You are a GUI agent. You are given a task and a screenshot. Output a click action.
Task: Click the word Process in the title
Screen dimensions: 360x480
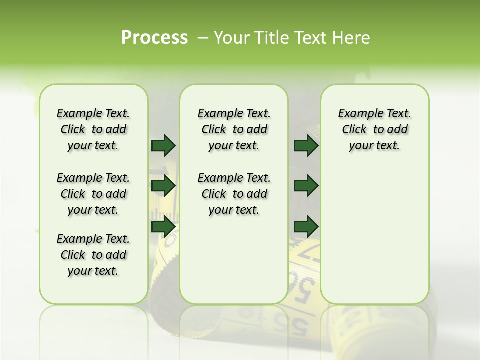(154, 38)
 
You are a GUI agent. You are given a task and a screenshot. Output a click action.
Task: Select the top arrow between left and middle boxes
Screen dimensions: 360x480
(163, 145)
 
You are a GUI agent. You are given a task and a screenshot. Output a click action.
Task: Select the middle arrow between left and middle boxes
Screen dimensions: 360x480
(163, 186)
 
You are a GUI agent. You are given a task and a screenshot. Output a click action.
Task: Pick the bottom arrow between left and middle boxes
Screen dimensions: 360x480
(163, 226)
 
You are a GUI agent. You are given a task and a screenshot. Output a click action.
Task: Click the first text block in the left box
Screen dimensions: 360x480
(93, 129)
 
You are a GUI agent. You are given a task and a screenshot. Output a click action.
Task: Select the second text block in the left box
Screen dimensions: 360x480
(93, 194)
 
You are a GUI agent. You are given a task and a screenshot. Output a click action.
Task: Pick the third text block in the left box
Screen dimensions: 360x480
(93, 255)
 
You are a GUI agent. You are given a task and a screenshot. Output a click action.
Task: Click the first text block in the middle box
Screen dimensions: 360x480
(234, 129)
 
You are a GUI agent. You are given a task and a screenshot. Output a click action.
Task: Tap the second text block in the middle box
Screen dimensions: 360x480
(234, 194)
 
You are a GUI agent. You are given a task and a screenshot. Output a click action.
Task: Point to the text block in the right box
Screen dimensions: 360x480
(374, 129)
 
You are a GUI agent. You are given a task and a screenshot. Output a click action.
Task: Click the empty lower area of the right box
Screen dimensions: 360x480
(374, 240)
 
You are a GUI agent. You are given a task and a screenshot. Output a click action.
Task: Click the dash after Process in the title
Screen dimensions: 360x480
(203, 38)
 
